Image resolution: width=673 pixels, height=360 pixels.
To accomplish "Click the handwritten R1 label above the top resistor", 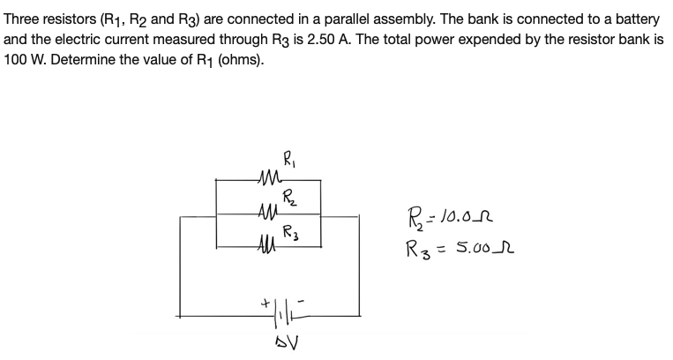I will (290, 161).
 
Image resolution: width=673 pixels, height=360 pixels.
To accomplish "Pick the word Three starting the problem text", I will (22, 18).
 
